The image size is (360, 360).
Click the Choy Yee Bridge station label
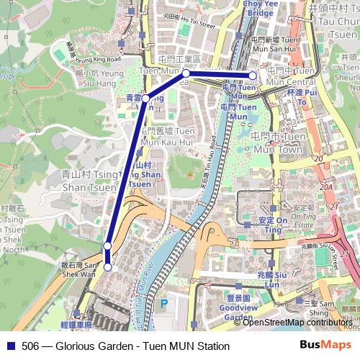[260, 9]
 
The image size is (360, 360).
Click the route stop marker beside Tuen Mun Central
[253, 75]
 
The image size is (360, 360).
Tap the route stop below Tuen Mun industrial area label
[186, 73]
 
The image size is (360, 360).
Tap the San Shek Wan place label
[79, 269]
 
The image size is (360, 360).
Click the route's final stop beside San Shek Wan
[108, 267]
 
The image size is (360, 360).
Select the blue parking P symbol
[163, 304]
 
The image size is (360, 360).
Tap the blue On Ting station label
[273, 225]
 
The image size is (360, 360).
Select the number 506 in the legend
[31, 346]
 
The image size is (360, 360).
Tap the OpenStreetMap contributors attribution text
[297, 323]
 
